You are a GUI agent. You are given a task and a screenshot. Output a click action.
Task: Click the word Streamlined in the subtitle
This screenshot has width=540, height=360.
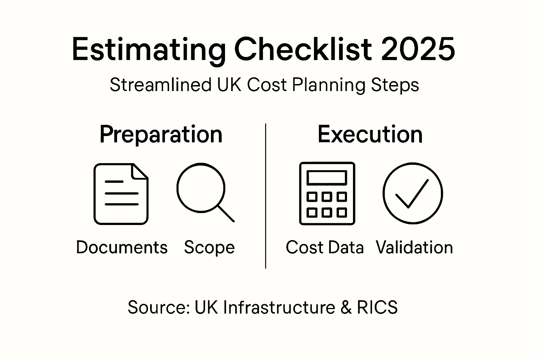pos(160,85)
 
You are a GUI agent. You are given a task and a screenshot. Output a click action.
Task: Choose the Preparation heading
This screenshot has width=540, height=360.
pos(161,134)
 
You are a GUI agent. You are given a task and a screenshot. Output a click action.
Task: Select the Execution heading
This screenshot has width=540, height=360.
pos(370,134)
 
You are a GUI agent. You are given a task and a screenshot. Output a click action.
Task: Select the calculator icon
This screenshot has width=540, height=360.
pos(327,193)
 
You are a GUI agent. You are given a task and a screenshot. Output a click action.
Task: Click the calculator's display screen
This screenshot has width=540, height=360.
pos(327,178)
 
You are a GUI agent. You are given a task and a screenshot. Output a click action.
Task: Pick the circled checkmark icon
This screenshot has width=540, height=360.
pos(412,193)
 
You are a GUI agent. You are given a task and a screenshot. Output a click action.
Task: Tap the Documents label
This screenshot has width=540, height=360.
pos(122,247)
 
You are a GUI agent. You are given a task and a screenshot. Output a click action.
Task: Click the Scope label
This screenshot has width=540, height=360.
pos(209,247)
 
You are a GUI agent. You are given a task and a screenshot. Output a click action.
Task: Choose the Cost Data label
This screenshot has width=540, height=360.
pos(324,247)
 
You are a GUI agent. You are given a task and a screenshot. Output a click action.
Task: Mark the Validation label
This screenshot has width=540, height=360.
pos(414,247)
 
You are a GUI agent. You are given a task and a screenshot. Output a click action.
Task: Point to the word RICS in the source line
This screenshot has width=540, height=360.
pos(377,307)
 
